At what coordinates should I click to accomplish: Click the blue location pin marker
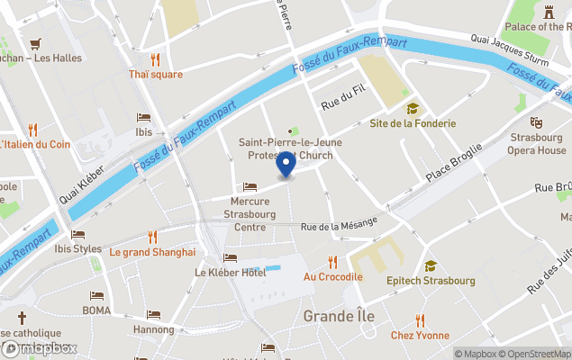click(286, 164)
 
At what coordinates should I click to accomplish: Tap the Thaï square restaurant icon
click(155, 59)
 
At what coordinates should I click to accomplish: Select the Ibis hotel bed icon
click(143, 117)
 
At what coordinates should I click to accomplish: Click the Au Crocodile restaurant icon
click(332, 262)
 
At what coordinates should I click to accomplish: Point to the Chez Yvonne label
click(420, 336)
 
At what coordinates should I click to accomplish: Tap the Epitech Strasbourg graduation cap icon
click(431, 265)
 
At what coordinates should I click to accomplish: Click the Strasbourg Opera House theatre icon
click(537, 121)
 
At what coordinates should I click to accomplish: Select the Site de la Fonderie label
click(413, 123)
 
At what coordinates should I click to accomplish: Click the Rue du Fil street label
click(343, 104)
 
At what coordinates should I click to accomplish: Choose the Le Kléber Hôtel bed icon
click(230, 257)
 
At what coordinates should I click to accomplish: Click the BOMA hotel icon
click(96, 296)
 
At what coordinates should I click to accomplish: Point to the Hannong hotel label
click(153, 330)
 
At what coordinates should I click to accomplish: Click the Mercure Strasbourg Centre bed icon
click(250, 187)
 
